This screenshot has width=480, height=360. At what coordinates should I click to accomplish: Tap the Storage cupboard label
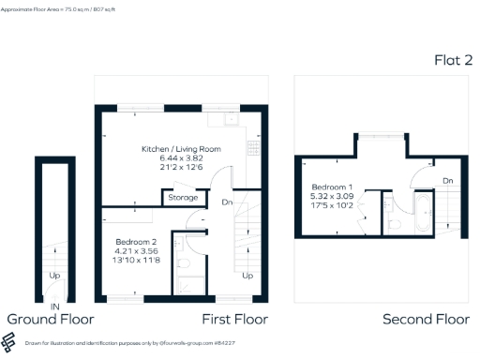click(x=183, y=198)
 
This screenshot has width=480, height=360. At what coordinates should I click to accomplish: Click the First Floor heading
click(x=235, y=320)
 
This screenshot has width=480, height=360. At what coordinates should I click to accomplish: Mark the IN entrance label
click(x=55, y=307)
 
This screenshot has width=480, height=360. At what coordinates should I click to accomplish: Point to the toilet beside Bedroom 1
click(x=395, y=223)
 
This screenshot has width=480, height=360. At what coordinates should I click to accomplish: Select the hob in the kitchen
click(x=252, y=147)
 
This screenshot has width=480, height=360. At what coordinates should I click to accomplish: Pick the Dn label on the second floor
click(x=448, y=180)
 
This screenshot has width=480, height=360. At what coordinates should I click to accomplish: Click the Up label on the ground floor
click(x=55, y=277)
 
